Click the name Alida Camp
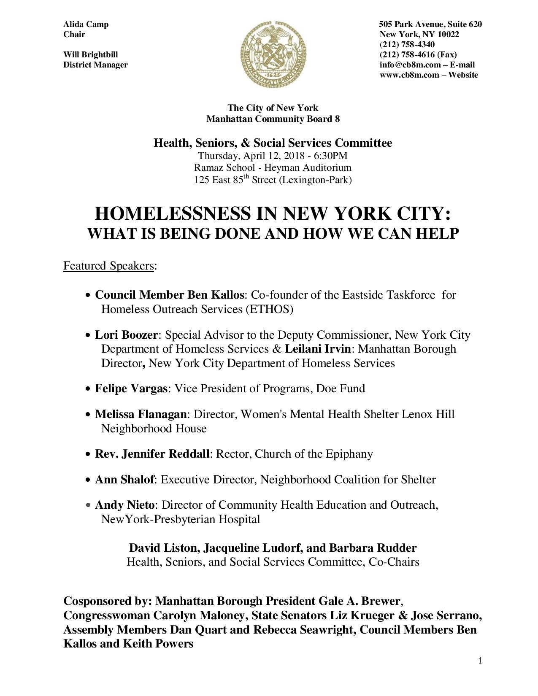point(86,24)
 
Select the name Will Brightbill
point(90,55)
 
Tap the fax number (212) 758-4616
point(407,55)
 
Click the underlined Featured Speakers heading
point(108,266)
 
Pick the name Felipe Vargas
point(131,388)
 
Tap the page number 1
point(480,661)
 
